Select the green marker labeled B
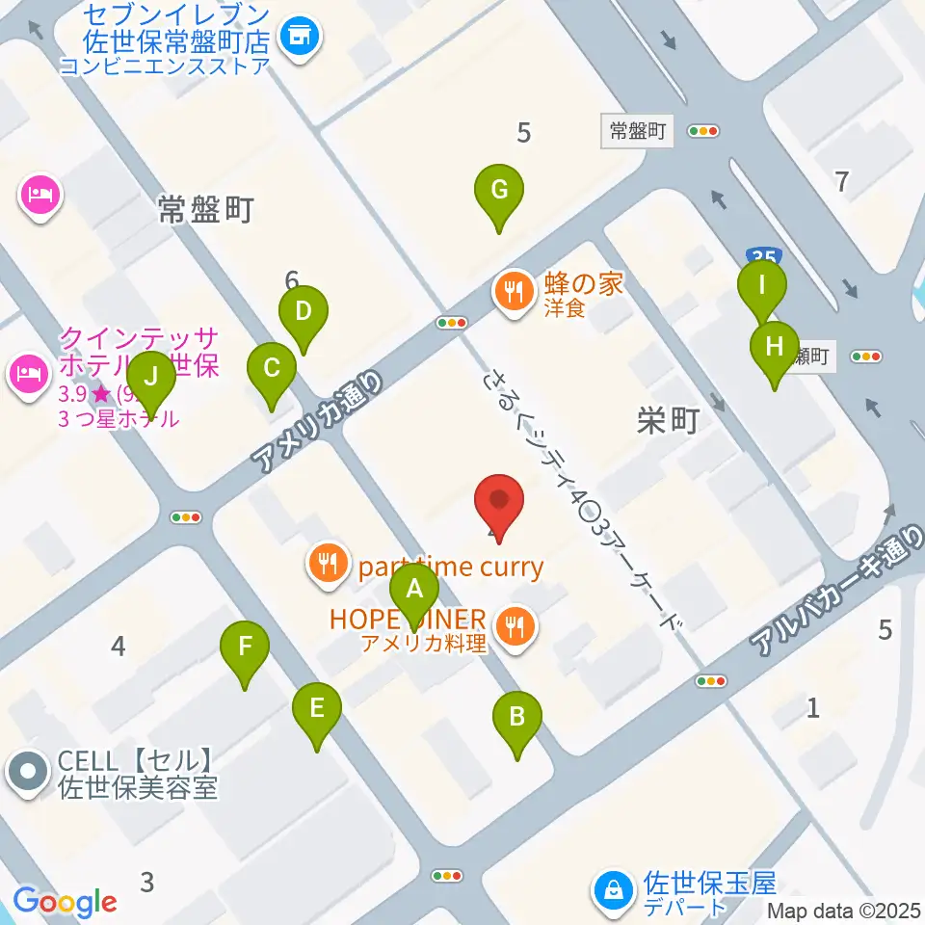(517, 717)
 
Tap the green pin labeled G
(499, 190)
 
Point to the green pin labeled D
(304, 312)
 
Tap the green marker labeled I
(762, 286)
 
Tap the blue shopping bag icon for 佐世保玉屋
(613, 892)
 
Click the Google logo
(64, 901)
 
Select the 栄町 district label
(667, 421)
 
